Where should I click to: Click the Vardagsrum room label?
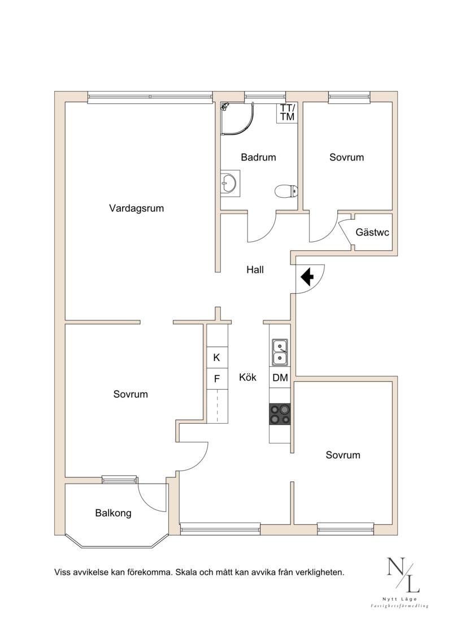[x=137, y=208]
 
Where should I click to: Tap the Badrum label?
[x=258, y=157]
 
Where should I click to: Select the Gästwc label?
[x=372, y=232]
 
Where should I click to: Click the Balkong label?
[x=114, y=512]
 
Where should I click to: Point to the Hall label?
[x=255, y=269]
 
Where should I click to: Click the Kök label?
[x=248, y=377]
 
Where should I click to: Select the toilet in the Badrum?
[x=286, y=191]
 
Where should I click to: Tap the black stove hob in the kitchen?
[x=280, y=414]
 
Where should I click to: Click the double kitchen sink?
[x=280, y=352]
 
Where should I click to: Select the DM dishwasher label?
[x=280, y=378]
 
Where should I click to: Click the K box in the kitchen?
[x=217, y=358]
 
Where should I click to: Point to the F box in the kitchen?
[x=217, y=379]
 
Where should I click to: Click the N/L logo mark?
[x=403, y=575]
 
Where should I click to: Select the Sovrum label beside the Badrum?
[x=346, y=157]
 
